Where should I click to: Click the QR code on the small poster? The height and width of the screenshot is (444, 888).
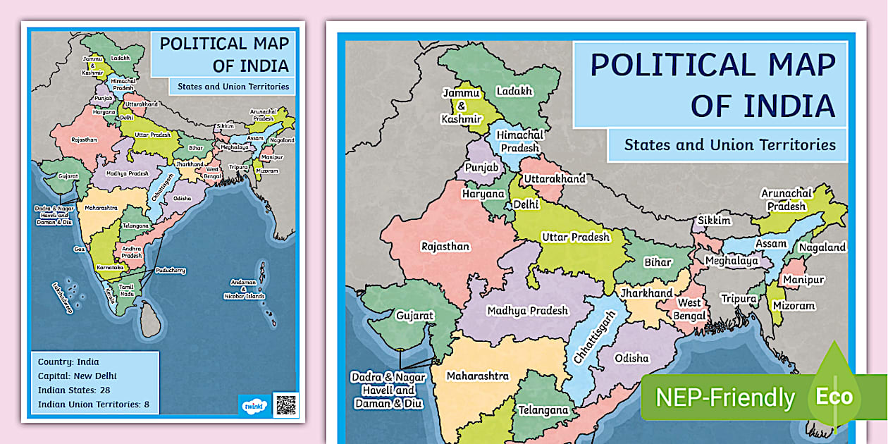coord(285,405)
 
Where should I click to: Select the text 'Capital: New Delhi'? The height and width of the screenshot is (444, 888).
coord(78,376)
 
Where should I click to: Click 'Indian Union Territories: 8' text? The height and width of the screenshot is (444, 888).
coord(94,405)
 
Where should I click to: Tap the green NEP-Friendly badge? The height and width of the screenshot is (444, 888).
coord(725,397)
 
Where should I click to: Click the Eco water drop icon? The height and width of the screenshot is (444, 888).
coord(834,391)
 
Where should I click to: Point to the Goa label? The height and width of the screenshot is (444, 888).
coord(79,249)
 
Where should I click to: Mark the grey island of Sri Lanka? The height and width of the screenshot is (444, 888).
coord(150,321)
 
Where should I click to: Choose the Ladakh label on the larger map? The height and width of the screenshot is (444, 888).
coord(514,91)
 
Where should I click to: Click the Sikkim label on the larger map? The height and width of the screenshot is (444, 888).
coord(715,221)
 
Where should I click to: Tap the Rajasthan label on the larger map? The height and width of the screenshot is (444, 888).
coord(445,247)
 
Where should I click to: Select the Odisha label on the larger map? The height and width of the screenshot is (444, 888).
coord(631,358)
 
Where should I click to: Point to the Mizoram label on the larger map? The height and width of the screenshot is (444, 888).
coord(794,306)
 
